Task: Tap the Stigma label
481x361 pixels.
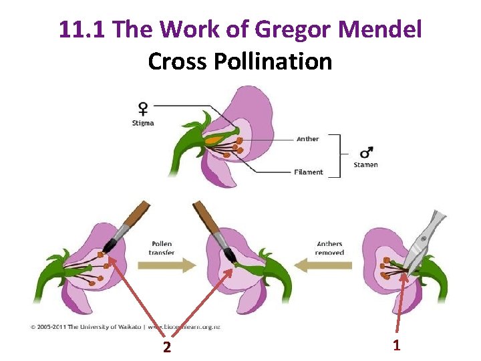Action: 143,123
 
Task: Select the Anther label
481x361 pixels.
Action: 308,139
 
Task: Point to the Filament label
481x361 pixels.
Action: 309,172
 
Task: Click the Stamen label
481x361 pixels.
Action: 366,164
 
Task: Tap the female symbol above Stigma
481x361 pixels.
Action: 143,108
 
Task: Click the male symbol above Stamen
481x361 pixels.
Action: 366,152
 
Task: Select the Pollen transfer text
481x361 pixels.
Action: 162,248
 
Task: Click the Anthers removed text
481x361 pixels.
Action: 330,248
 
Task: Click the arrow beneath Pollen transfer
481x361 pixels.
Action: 166,265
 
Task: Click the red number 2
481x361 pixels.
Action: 167,347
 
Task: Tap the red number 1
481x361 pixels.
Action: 396,345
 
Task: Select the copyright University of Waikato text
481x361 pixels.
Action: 126,326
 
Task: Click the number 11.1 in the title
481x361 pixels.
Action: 83,29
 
